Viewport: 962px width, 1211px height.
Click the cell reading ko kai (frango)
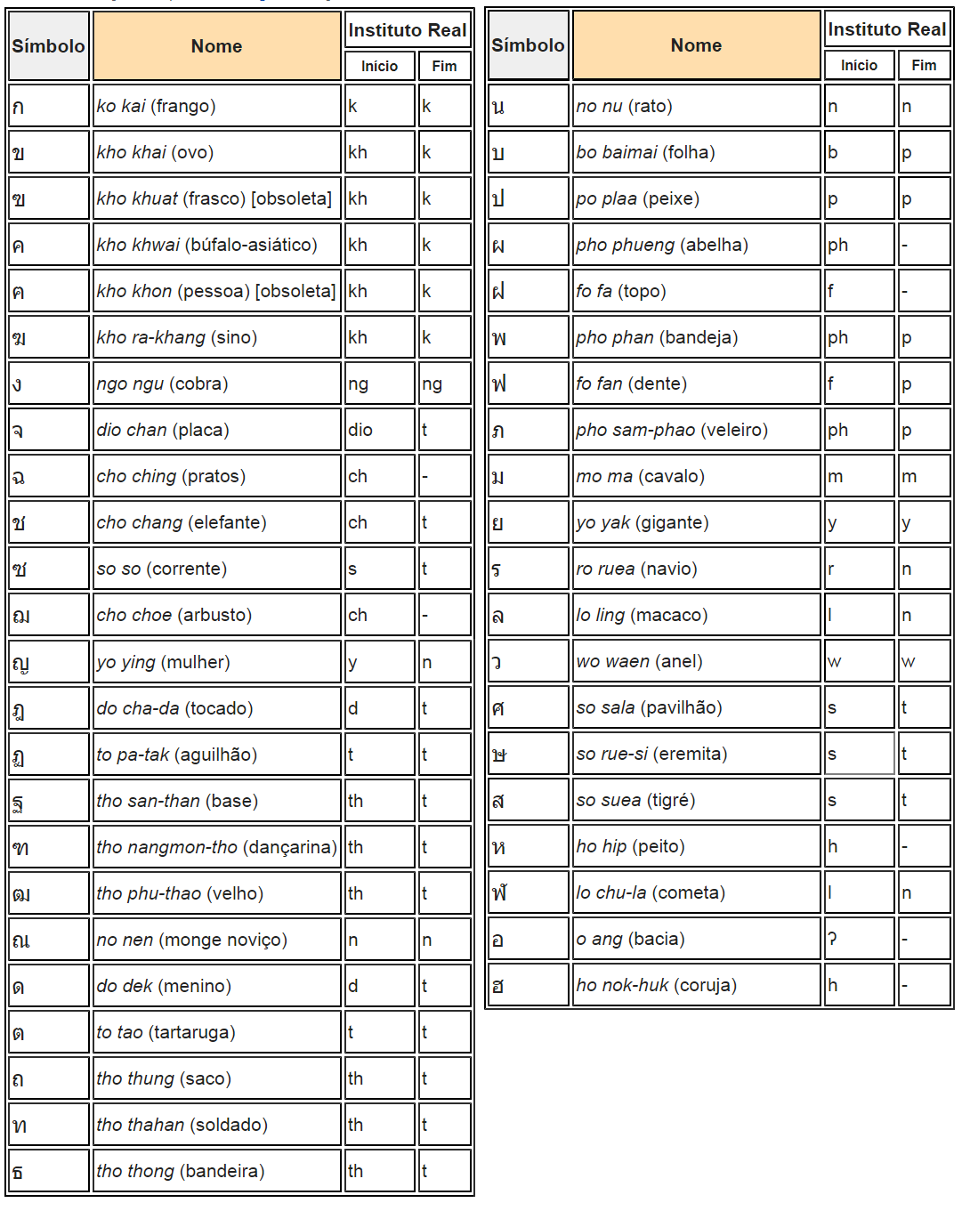tap(216, 106)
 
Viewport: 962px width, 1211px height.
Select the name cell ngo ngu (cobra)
tap(216, 383)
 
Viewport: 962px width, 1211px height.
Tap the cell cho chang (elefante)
tap(216, 522)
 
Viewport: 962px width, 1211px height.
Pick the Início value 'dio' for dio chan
tap(379, 430)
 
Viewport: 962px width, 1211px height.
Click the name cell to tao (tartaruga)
tap(216, 1032)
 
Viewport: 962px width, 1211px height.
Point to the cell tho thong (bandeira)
tap(216, 1171)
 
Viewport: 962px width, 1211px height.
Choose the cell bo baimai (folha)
tap(696, 152)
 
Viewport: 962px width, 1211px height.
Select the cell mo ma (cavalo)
tap(696, 476)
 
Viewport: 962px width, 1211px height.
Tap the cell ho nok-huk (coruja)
tap(696, 985)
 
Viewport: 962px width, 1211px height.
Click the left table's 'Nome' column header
tap(216, 46)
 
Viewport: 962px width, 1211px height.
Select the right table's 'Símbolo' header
tap(528, 45)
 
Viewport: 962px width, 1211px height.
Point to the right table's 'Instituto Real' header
tap(886, 29)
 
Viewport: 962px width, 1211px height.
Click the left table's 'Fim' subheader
tap(444, 66)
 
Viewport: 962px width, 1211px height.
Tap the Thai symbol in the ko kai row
tap(49, 106)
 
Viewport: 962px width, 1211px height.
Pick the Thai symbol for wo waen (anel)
tap(528, 661)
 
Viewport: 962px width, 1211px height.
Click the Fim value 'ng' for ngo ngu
tap(444, 383)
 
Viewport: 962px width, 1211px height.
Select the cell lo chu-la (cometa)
tap(696, 892)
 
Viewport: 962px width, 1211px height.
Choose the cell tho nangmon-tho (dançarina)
tap(216, 847)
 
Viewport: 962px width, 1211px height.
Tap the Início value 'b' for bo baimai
tap(859, 152)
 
